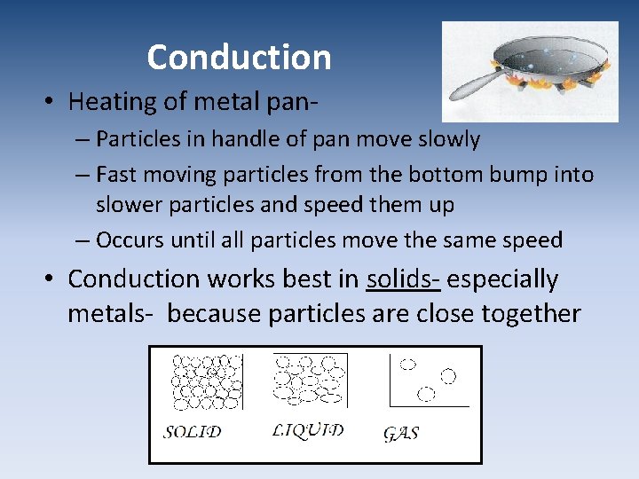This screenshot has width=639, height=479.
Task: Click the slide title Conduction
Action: point(239,58)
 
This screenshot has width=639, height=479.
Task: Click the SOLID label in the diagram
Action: point(192,433)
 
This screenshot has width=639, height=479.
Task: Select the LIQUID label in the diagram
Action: point(307,430)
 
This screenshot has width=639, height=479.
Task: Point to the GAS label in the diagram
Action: point(401,434)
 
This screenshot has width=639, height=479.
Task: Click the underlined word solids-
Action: point(404,279)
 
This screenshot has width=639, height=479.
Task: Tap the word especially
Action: point(503,279)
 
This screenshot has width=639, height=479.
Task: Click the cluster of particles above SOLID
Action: point(206,382)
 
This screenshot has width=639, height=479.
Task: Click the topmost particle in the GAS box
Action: point(408,364)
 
